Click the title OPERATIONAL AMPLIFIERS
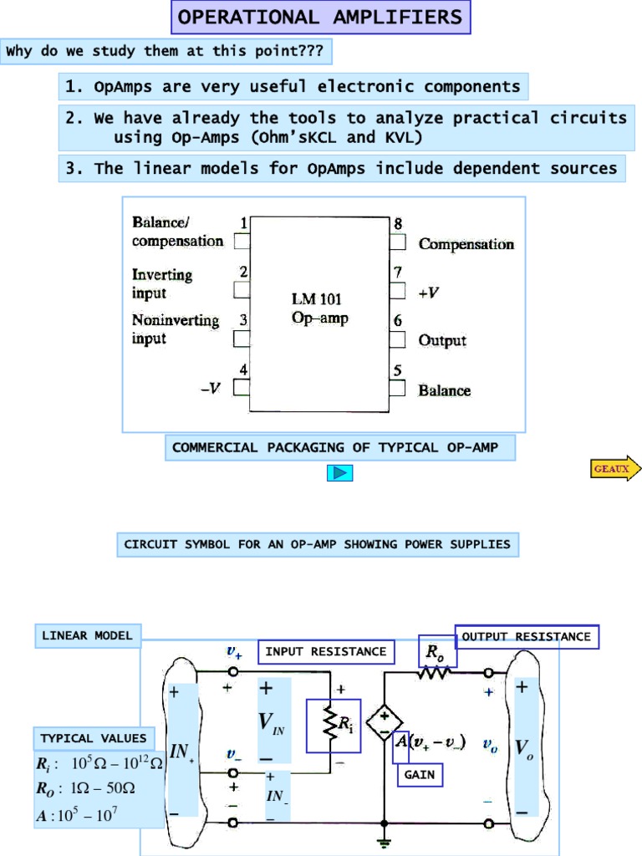click(321, 18)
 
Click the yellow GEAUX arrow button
click(615, 469)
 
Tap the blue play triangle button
click(339, 473)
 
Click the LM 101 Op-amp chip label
click(317, 308)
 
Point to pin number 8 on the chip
click(398, 224)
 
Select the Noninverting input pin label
click(176, 329)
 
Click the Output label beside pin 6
click(442, 340)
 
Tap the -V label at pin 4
click(211, 389)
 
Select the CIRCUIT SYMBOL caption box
click(317, 545)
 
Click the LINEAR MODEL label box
click(87, 636)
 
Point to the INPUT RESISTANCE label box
click(326, 652)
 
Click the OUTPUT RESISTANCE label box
click(527, 637)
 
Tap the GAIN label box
click(419, 775)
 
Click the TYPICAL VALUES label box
click(93, 738)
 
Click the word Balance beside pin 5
click(444, 390)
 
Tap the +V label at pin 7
click(430, 293)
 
